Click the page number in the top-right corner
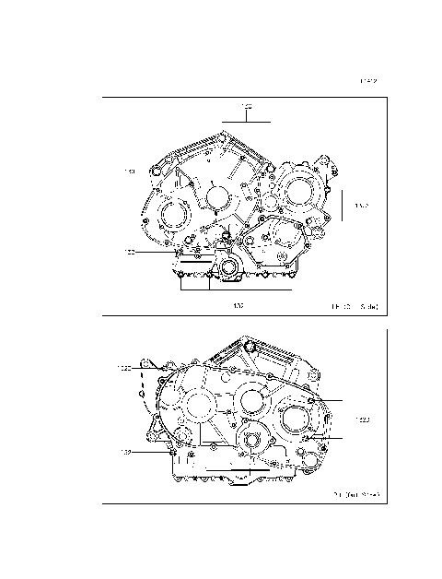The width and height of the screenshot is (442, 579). pos(368,81)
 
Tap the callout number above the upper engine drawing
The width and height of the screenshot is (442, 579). pos(247,108)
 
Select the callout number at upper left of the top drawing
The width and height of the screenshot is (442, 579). pos(131,171)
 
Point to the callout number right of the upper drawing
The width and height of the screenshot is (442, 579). pos(361,207)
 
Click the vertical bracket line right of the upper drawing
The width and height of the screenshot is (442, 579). pos(343,207)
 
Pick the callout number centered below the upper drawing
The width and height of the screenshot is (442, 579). pos(238,303)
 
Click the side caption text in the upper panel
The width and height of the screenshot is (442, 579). pos(355,303)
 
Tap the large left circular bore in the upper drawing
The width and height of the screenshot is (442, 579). pos(172,219)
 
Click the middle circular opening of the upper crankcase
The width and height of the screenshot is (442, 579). pos(217,196)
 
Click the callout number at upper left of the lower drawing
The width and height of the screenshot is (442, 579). pos(124,368)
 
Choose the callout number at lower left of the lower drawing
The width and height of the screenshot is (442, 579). pos(126,452)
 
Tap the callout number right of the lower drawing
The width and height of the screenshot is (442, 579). pos(361,420)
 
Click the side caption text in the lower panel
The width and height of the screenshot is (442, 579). pos(356,494)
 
